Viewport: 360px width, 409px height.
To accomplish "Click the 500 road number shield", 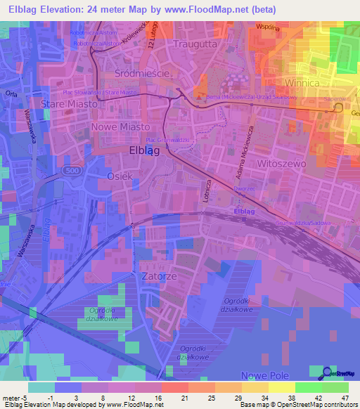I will coord(71,170).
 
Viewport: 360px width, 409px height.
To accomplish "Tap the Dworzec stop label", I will coord(243,189).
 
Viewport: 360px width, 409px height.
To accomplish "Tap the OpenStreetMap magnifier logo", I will coord(328,372).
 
